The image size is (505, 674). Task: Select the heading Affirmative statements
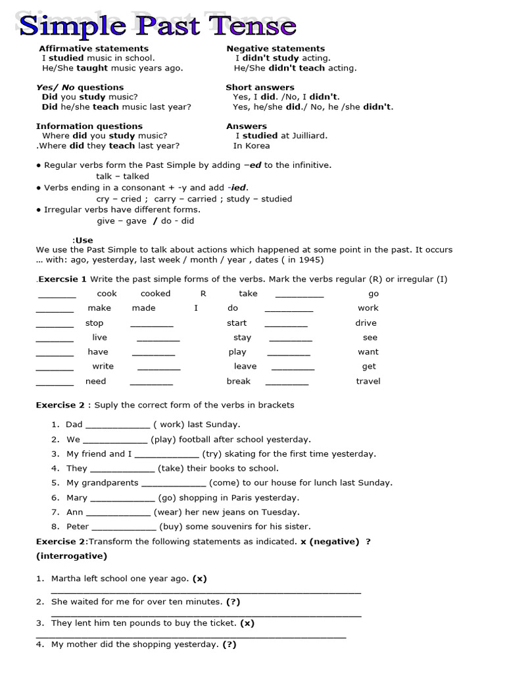click(x=93, y=48)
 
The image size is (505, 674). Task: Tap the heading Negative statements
click(x=276, y=48)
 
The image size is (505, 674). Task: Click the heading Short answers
click(x=260, y=87)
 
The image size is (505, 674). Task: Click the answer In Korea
click(x=251, y=145)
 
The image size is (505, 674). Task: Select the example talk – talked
click(x=122, y=176)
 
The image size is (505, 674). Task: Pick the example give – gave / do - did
click(x=145, y=221)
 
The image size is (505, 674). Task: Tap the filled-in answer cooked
click(x=155, y=294)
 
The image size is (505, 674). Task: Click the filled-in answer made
click(x=143, y=308)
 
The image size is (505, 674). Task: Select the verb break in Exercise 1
click(x=239, y=381)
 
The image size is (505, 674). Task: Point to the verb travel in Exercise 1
click(x=368, y=381)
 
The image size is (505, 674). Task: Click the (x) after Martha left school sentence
click(x=199, y=579)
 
